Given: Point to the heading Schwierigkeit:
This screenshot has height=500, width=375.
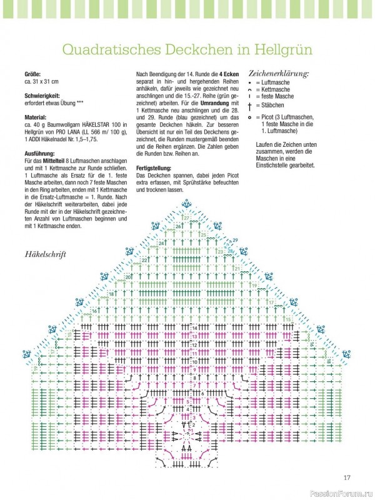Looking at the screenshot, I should click(42, 96).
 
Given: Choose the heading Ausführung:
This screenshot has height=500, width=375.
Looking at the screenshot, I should click(39, 152).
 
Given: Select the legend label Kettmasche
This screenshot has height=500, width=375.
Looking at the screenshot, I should click(278, 89).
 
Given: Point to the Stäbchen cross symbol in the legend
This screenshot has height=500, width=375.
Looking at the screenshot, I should click(250, 106).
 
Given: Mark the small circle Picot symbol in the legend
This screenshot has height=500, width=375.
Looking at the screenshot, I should click(250, 117).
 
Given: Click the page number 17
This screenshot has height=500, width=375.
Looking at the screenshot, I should click(347, 478).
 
